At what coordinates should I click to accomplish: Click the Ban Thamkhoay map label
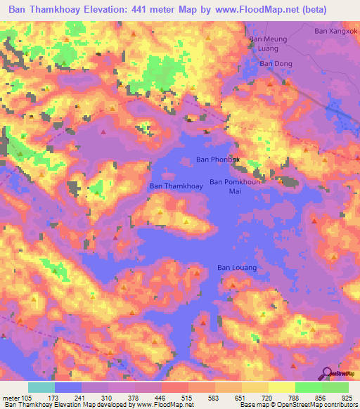176,187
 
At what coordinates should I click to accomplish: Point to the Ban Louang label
236,268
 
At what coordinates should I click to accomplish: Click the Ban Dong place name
276,64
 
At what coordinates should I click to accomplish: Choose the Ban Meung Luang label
269,44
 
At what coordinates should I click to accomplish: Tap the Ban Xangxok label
336,32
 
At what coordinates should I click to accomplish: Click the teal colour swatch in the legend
41,387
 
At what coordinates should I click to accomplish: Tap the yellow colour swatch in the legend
281,387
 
